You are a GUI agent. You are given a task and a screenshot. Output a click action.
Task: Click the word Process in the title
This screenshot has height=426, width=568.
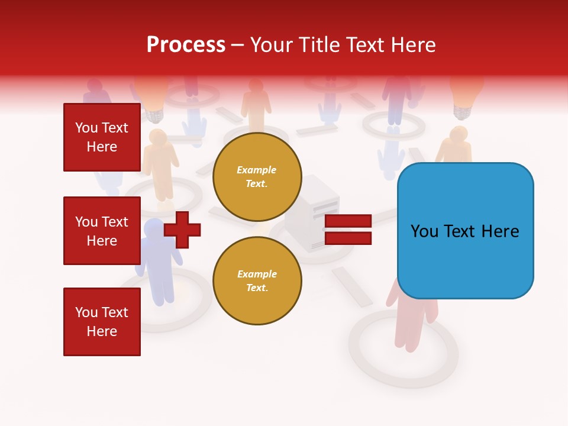pos(186,45)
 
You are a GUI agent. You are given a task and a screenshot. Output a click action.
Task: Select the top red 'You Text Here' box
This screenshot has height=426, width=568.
pos(102,137)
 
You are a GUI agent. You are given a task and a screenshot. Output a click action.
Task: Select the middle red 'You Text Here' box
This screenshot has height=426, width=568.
pos(102,231)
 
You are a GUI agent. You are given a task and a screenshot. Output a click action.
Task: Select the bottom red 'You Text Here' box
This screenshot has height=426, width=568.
pos(102,322)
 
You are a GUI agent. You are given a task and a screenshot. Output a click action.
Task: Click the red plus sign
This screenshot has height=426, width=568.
pos(182,230)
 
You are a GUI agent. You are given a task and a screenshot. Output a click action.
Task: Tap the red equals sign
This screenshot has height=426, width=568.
pos(348,230)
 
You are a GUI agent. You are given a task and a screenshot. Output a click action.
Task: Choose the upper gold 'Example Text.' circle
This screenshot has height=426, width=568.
pos(257,177)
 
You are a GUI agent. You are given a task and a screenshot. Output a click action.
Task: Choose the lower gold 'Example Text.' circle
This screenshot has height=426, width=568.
pos(257,281)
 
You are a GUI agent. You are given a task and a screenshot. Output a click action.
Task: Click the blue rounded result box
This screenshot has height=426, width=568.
pos(465,231)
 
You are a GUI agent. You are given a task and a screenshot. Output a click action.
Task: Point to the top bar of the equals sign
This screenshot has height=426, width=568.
pos(348,221)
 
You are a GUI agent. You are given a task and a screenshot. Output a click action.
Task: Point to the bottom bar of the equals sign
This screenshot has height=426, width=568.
pos(348,238)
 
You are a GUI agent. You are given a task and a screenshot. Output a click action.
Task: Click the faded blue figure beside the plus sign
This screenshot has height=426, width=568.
pos(157,260)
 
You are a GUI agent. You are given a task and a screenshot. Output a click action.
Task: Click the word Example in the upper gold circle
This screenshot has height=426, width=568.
pos(257,170)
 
